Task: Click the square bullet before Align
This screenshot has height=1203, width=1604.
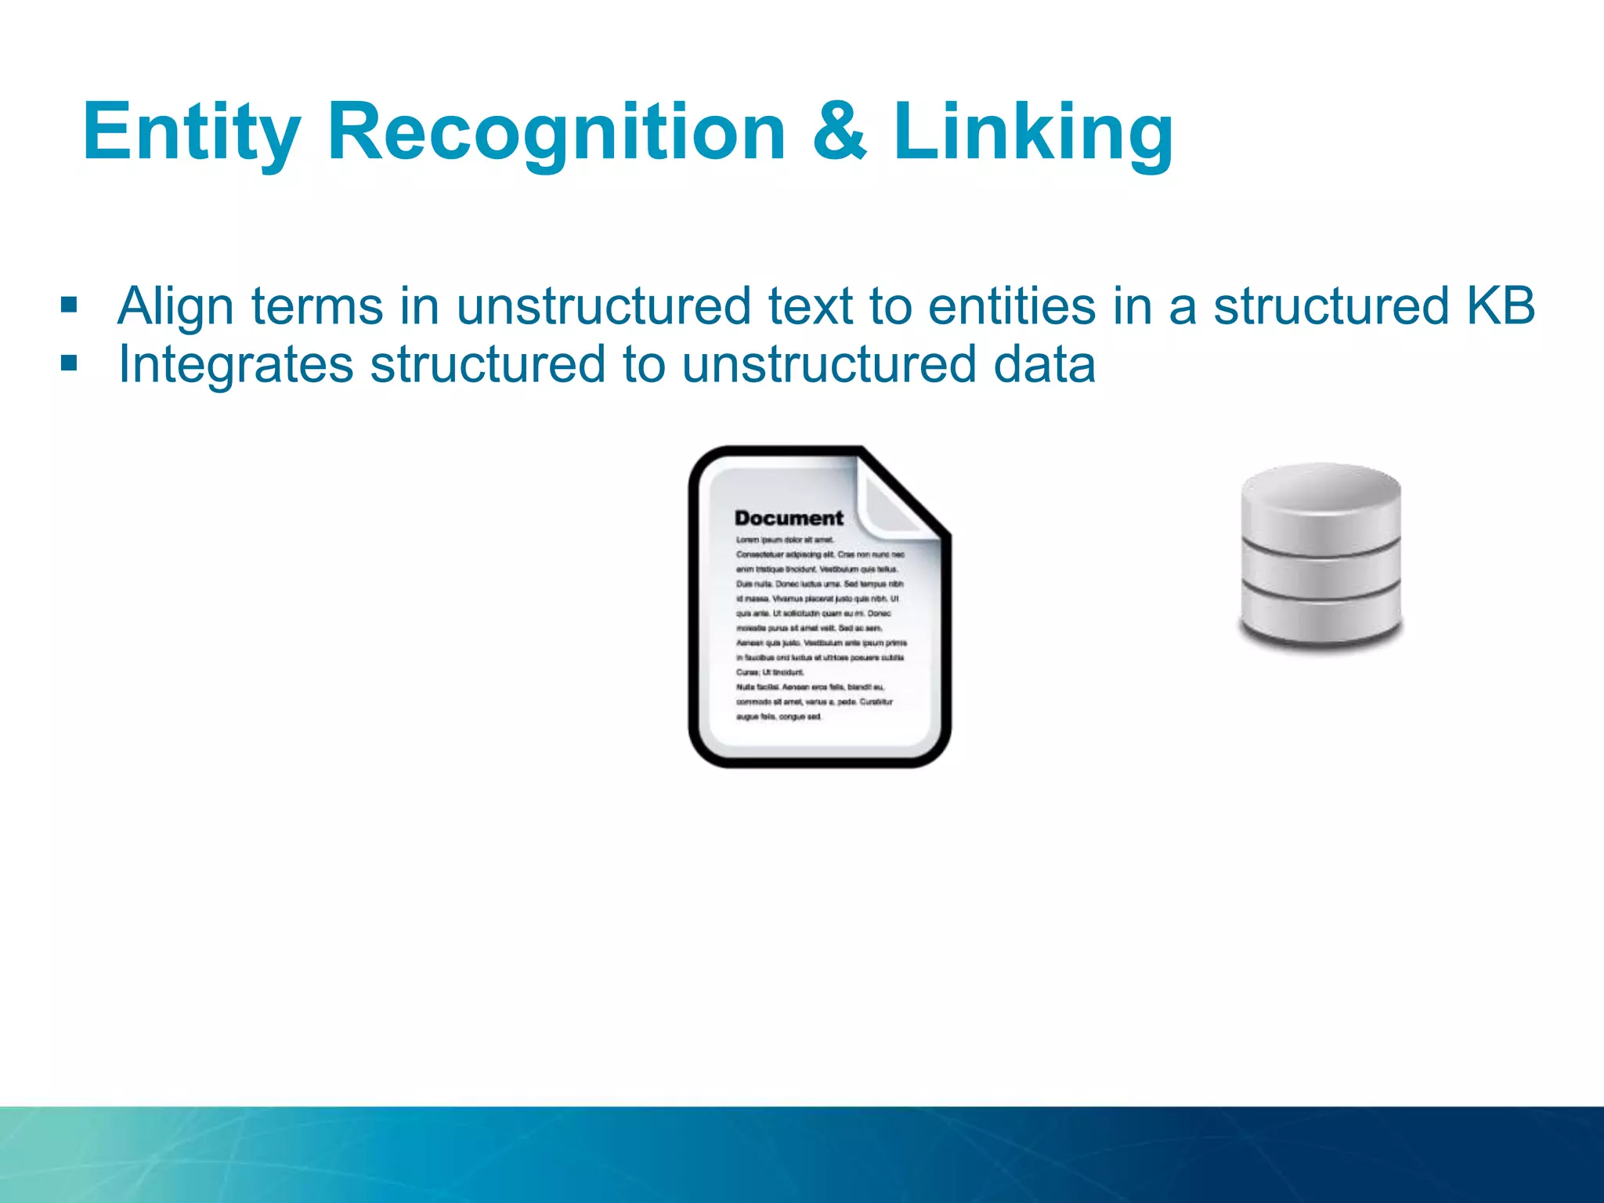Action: coord(69,305)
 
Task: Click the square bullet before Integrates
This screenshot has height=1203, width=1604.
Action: coord(69,363)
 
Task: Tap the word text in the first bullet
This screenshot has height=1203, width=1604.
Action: coord(809,305)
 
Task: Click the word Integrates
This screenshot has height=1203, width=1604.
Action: coord(236,365)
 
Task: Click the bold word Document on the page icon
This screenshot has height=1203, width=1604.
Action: coord(788,518)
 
